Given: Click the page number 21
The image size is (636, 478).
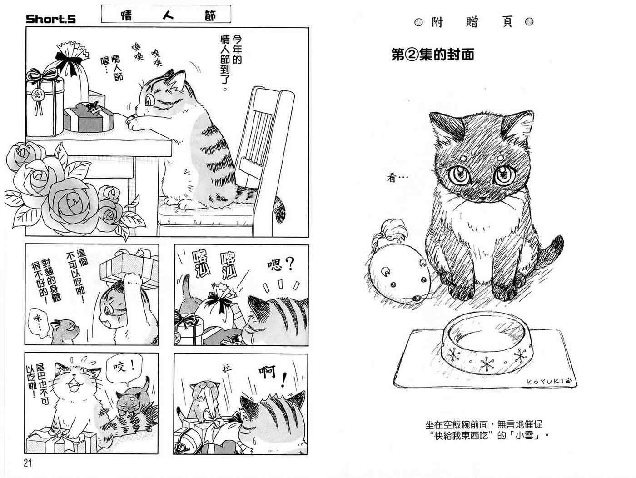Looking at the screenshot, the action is coord(28,463).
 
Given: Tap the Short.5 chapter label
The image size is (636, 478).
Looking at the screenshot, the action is coord(51,19).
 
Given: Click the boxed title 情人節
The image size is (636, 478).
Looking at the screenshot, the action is coord(166,14).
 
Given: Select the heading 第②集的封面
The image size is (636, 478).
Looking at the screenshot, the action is coord(432,55).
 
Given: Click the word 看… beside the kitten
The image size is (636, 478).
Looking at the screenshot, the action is coord(397,178).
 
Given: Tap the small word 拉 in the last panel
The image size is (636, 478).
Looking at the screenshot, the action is coord(227,368).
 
